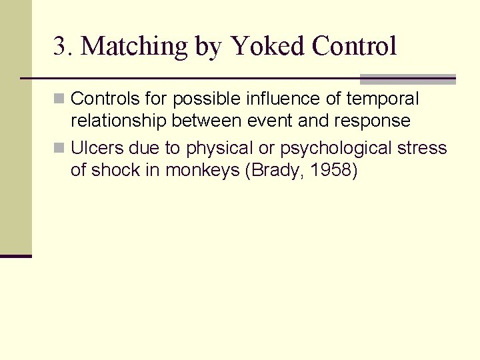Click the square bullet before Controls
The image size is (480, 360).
[59, 99]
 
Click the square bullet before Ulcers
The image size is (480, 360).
[59, 148]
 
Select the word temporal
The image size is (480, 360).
[388, 99]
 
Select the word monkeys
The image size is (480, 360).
[203, 171]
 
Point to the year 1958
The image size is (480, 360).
[331, 170]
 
